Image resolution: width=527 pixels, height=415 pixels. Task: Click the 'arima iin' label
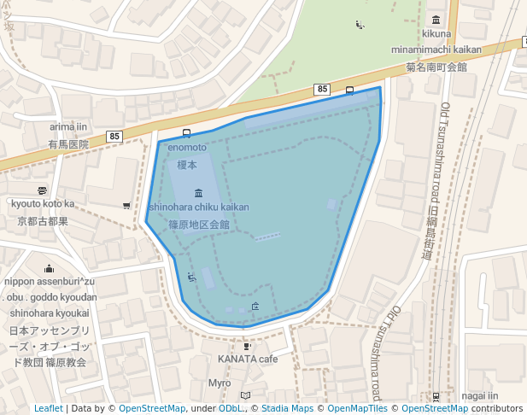[x=69, y=127]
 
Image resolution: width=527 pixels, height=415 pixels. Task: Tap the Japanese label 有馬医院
[x=68, y=144]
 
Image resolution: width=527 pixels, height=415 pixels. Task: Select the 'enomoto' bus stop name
[x=187, y=148]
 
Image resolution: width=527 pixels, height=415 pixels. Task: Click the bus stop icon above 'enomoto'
[x=186, y=133]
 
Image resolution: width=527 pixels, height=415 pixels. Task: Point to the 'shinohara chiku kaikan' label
[x=199, y=207]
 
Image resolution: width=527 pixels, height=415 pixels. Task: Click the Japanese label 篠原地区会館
[x=199, y=225]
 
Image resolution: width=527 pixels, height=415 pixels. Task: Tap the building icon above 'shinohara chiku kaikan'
[x=199, y=192]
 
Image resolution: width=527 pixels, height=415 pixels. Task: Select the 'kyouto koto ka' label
[x=43, y=204]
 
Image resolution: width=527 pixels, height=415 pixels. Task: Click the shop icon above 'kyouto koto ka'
[x=43, y=190]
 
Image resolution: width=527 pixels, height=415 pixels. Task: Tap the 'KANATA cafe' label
[x=248, y=359]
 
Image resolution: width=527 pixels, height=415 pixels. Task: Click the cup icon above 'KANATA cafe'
[x=248, y=346]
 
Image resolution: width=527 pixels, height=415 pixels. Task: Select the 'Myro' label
[x=220, y=383]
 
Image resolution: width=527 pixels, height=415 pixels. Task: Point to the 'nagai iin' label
[x=479, y=395]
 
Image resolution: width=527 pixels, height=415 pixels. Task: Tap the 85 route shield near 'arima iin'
[x=114, y=137]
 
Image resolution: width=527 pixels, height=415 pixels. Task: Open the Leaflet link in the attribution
[x=49, y=409]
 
